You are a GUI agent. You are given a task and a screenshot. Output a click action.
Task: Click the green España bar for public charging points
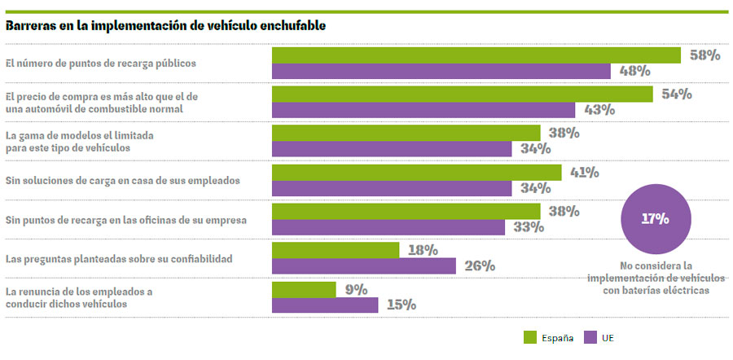(476, 55)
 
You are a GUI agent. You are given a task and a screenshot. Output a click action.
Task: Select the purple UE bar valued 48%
(441, 71)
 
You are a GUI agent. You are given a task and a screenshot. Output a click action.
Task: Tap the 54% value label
(676, 94)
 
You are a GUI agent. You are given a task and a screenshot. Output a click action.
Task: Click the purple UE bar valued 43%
(423, 110)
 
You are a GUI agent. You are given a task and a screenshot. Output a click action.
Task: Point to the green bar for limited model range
(406, 133)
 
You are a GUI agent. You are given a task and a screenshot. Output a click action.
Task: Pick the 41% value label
(584, 173)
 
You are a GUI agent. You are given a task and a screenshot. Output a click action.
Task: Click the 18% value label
(422, 250)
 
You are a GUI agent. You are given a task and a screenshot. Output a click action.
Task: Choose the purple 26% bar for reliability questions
(363, 266)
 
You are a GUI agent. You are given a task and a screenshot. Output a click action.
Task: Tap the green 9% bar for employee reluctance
(303, 289)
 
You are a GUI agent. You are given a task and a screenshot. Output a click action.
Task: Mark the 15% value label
(401, 305)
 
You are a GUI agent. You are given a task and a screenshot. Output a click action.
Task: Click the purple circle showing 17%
(656, 219)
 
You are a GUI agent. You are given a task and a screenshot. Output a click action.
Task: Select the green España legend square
(529, 337)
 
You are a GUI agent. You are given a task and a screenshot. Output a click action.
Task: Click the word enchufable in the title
(292, 25)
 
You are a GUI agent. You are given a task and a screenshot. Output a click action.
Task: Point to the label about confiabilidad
(119, 259)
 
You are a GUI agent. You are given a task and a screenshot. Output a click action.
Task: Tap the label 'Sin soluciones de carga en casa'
(122, 180)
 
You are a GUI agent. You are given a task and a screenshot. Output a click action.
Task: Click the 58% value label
(704, 55)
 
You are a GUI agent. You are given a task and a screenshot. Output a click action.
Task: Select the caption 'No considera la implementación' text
(656, 277)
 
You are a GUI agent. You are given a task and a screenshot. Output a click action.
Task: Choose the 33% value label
(529, 227)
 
